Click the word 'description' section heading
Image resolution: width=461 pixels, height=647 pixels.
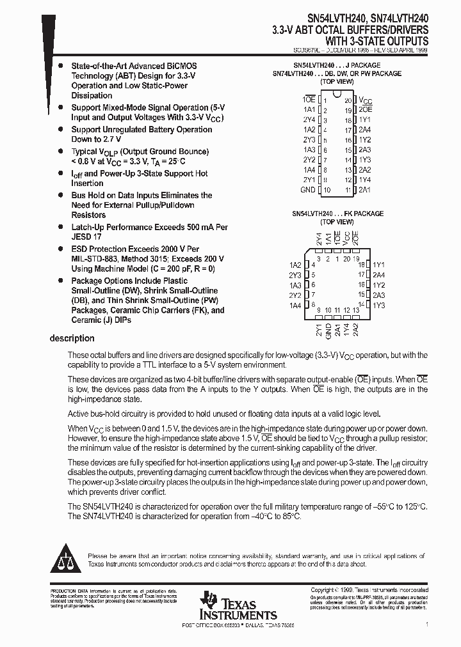point(72,338)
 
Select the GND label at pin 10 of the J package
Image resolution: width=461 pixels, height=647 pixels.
point(307,191)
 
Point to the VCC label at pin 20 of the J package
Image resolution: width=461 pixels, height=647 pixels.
point(364,101)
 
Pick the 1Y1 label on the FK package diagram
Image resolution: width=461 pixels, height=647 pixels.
point(379,265)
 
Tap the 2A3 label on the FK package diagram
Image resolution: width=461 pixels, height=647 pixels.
point(379,295)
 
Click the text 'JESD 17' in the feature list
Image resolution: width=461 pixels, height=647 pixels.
point(88,237)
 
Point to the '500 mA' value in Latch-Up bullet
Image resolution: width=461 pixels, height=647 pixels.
point(199,227)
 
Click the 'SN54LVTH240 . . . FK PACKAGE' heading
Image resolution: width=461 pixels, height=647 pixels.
point(337,214)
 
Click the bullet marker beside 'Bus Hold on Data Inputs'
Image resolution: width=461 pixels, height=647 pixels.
point(60,196)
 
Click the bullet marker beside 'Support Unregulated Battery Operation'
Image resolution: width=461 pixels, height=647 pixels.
point(60,130)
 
